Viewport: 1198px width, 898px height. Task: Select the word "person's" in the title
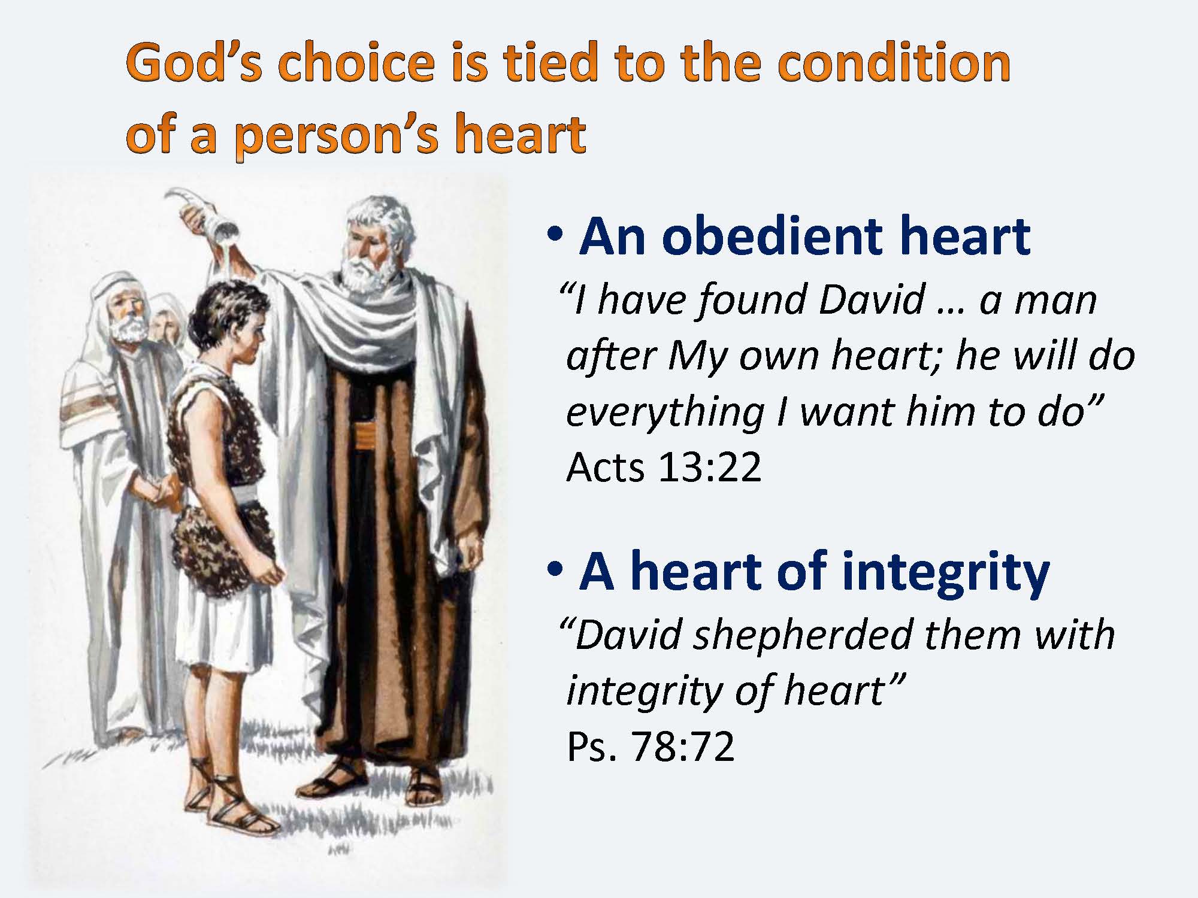[339, 135]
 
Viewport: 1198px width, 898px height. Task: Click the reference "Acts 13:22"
[664, 466]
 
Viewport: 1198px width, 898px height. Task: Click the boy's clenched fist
[273, 575]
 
